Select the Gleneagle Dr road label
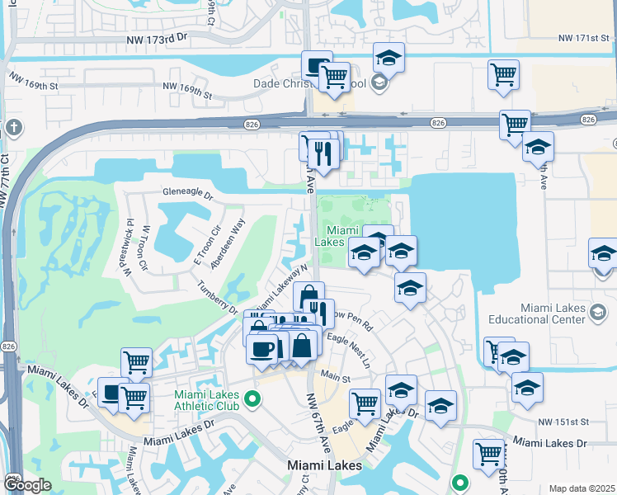click(x=188, y=197)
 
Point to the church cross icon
click(x=13, y=127)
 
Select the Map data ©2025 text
click(x=582, y=488)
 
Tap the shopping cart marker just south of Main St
click(x=364, y=403)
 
